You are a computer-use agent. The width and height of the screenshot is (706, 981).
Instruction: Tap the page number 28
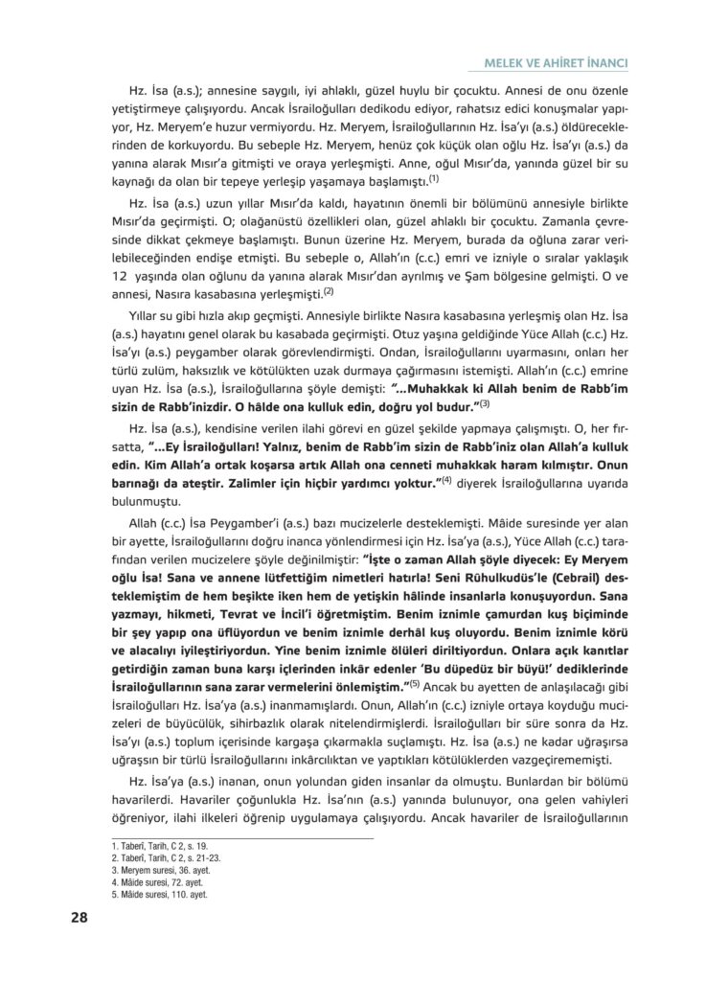click(x=80, y=917)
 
